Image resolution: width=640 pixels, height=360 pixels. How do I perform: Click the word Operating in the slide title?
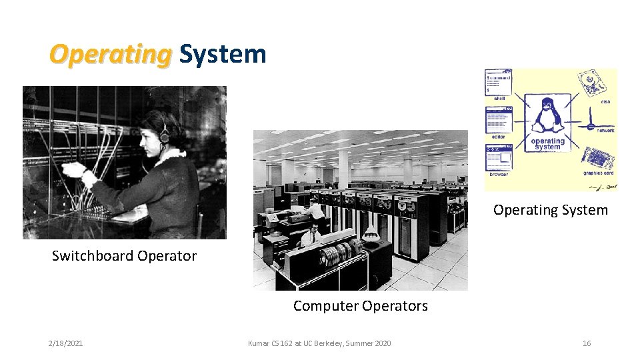click(x=110, y=54)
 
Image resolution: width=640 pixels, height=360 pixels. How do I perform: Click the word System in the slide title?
click(x=223, y=54)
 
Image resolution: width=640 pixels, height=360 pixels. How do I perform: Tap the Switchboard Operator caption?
click(x=124, y=256)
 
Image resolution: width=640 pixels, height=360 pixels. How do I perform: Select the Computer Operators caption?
click(x=360, y=306)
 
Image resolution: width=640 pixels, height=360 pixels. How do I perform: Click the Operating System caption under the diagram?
click(x=550, y=210)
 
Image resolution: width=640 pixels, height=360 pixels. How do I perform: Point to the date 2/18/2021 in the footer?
click(x=65, y=343)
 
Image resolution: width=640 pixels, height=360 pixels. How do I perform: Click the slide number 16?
click(x=587, y=343)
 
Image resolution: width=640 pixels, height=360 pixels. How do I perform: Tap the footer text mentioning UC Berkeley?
click(x=319, y=343)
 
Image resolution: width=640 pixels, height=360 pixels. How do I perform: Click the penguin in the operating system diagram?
click(x=548, y=115)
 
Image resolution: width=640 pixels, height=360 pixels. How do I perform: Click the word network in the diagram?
click(x=605, y=131)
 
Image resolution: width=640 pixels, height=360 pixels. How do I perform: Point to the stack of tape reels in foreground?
click(x=341, y=253)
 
